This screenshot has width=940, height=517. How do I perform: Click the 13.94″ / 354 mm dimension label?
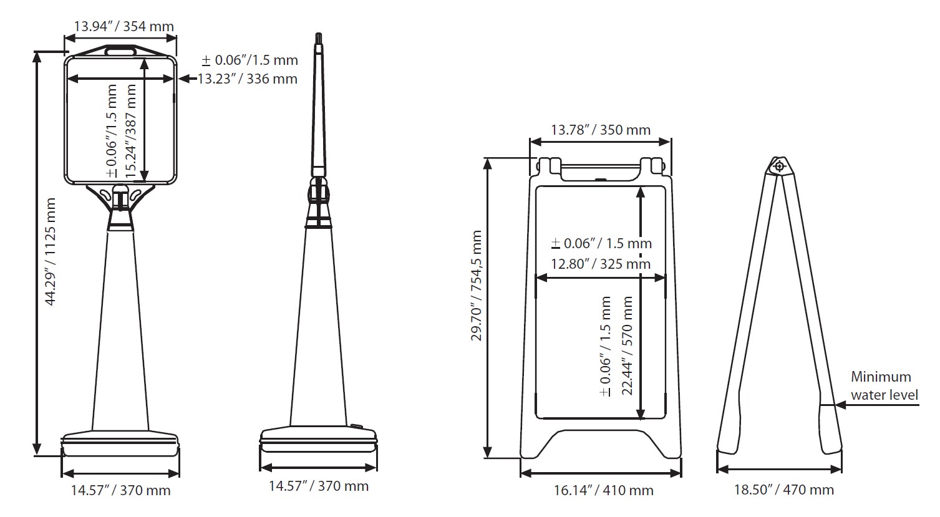[124, 26]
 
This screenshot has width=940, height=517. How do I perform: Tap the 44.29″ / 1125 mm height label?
[51, 252]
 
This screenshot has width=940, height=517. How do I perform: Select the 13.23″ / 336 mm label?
[248, 79]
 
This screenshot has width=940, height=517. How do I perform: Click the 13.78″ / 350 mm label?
[601, 130]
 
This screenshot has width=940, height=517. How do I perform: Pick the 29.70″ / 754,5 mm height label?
[477, 286]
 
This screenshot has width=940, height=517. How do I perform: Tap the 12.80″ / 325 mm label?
[601, 264]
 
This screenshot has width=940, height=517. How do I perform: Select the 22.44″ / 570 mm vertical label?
[627, 345]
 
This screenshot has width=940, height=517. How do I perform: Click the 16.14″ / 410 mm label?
[603, 490]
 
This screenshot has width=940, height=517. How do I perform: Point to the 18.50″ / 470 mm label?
[784, 490]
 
